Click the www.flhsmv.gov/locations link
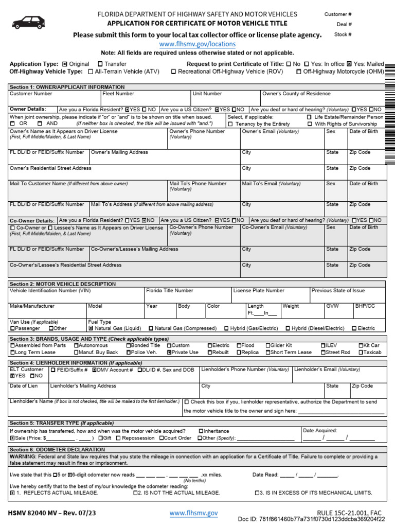[x=197, y=44]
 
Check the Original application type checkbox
[x=64, y=64]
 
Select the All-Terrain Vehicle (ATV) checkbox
[x=91, y=72]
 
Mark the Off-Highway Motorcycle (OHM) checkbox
[x=299, y=72]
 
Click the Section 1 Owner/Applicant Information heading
[x=67, y=87]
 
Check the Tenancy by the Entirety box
[x=230, y=124]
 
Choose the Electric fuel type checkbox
[x=354, y=328]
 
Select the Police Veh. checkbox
[x=128, y=353]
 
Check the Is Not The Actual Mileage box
[x=136, y=493]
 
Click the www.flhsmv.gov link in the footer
[x=193, y=513]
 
